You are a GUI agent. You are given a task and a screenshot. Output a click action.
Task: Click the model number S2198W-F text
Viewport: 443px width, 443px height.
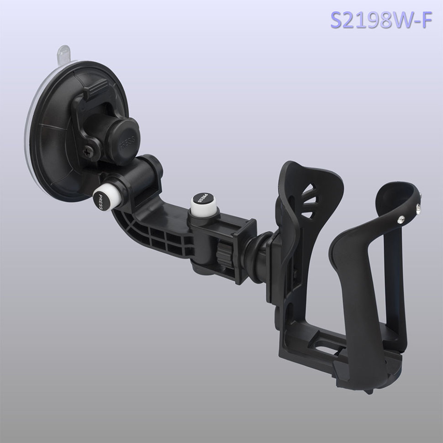tap(381, 20)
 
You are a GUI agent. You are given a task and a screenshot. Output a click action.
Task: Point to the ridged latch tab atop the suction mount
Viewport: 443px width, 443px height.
tap(95, 88)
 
